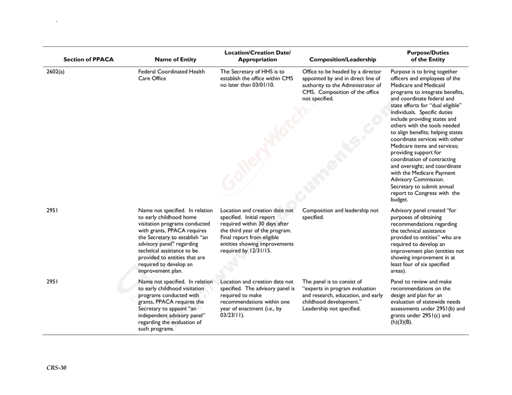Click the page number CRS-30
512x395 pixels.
(57, 368)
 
